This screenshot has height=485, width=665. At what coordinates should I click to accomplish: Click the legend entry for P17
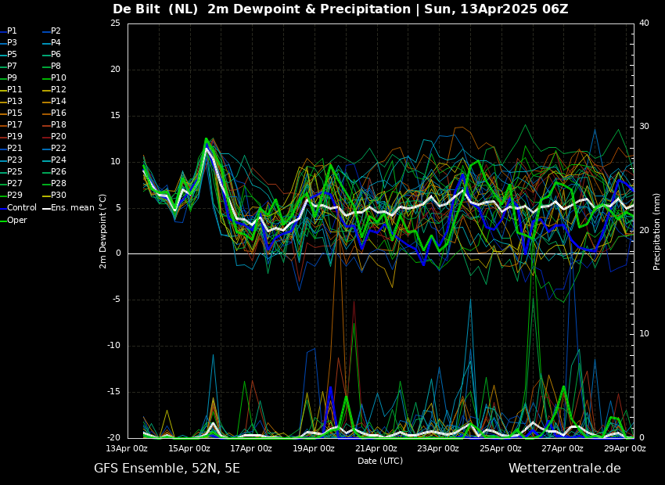click(x=12, y=124)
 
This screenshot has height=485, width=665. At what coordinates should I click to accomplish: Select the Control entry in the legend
click(x=18, y=208)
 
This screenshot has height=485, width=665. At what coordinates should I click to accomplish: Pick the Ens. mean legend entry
click(x=69, y=208)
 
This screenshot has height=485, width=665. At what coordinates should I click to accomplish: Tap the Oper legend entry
click(x=13, y=220)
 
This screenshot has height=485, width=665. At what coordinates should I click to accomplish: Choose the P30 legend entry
click(x=55, y=195)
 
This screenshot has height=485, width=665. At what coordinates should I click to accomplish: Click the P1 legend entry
click(x=9, y=31)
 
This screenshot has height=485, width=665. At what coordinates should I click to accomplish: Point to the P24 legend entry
click(x=55, y=160)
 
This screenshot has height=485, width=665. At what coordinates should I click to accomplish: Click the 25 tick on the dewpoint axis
click(x=115, y=23)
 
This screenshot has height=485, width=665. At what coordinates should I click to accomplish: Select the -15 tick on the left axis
click(x=113, y=392)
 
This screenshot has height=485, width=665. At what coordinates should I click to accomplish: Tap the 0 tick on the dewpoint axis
click(x=118, y=253)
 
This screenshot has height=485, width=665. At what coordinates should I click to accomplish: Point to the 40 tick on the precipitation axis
click(x=644, y=23)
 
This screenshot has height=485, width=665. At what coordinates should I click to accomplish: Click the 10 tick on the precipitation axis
click(x=644, y=334)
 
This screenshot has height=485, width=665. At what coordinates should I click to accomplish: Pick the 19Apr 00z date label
click(x=313, y=448)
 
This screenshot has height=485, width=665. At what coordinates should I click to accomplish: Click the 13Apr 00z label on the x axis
click(x=128, y=448)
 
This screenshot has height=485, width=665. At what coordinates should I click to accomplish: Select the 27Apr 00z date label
click(x=563, y=448)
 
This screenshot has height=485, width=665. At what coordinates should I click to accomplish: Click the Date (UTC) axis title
click(x=380, y=461)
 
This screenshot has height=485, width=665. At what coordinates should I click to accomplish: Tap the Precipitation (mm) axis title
click(x=657, y=231)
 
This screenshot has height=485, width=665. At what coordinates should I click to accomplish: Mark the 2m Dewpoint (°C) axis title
click(x=103, y=231)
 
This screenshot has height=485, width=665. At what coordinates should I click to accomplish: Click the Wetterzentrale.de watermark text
click(x=565, y=469)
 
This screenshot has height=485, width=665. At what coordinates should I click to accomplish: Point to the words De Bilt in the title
click(x=136, y=9)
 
